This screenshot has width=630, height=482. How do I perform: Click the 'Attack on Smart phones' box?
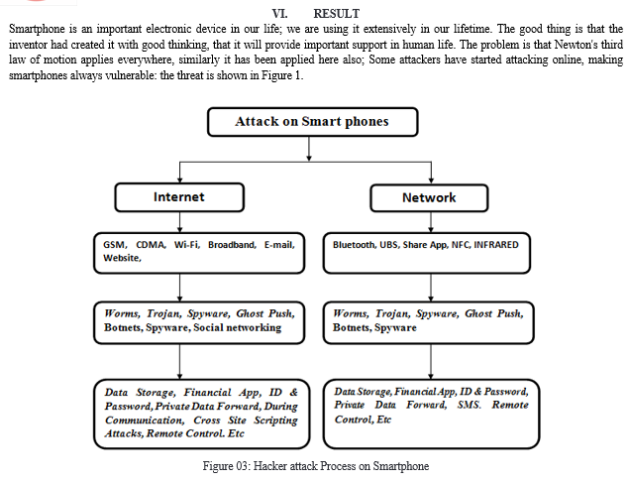313,122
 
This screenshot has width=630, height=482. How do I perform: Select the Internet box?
179,197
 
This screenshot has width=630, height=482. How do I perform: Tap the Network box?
429,197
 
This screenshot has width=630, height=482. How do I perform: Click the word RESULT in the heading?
336,14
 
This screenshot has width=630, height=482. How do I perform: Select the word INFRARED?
496,245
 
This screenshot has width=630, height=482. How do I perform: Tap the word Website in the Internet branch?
122,258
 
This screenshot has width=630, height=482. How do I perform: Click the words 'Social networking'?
237,327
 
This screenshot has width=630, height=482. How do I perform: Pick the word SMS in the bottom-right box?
469,405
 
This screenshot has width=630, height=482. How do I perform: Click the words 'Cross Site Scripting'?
246,421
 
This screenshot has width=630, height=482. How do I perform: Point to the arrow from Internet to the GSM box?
179,222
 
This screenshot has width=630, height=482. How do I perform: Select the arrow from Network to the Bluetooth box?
431,222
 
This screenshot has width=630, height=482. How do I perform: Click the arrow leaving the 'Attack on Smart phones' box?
309,149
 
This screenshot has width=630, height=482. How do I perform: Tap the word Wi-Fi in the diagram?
187,245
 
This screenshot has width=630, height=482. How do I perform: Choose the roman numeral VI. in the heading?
279,14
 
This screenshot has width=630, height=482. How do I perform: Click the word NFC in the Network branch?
461,245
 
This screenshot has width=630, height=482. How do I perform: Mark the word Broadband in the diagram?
232,245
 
